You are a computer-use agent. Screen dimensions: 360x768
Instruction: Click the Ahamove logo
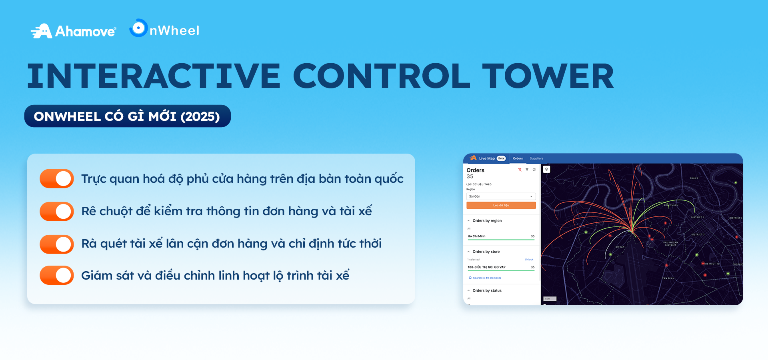coord(74,31)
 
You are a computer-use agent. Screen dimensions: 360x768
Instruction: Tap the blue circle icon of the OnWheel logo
coord(138,28)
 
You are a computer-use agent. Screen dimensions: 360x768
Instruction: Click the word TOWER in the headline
coord(548,76)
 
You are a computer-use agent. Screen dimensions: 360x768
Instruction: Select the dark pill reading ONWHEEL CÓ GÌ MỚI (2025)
coord(127,116)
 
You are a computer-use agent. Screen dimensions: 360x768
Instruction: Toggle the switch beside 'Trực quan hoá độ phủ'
coord(57,178)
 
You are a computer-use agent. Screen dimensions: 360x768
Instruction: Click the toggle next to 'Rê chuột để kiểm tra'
coord(57,211)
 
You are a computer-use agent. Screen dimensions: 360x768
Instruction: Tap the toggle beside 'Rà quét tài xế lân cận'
coord(57,244)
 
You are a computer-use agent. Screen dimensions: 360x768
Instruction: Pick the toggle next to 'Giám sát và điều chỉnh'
coord(57,275)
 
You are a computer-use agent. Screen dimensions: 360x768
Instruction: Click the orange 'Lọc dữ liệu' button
coord(501,205)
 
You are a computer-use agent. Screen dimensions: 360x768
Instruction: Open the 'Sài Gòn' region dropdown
coord(501,196)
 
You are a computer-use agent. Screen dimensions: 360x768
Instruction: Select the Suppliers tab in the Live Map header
coord(536,158)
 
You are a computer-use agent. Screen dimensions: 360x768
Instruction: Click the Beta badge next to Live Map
coord(501,158)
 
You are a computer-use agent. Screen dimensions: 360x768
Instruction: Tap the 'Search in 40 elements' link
coord(487,278)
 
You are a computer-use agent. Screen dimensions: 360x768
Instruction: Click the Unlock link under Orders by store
coord(529,260)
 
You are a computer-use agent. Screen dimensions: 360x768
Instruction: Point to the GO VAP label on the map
coord(620,247)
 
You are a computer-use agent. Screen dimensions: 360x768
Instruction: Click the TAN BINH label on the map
coord(668,278)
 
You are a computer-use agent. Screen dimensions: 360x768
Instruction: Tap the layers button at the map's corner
coord(546,169)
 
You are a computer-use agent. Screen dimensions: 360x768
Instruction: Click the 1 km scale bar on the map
coord(550,299)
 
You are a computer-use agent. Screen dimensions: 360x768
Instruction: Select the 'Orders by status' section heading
coord(487,290)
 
